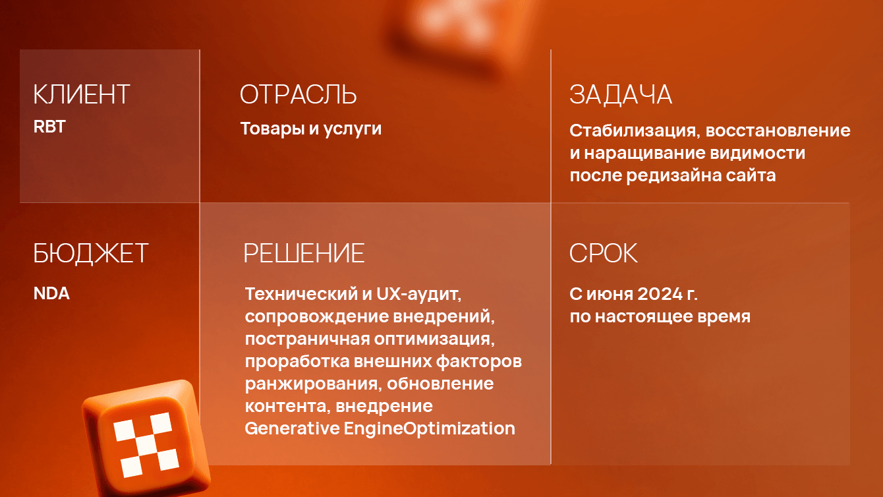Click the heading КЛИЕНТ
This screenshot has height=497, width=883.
(x=82, y=95)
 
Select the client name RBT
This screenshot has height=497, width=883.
(x=50, y=127)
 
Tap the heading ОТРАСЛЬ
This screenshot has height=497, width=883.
(x=298, y=95)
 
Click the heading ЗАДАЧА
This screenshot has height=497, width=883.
(x=621, y=95)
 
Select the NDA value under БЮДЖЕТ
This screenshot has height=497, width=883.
(x=51, y=293)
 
